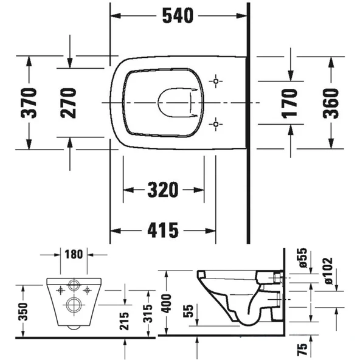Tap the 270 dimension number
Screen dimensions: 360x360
pyautogui.click(x=71, y=102)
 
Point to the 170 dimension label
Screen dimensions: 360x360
pyautogui.click(x=291, y=102)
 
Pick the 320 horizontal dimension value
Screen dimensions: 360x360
pyautogui.click(x=163, y=190)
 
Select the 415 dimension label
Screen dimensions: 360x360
pyautogui.click(x=163, y=230)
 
